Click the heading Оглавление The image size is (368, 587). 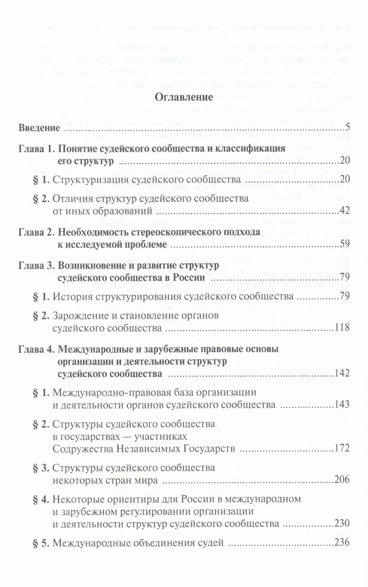click(184, 97)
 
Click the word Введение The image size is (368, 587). click(39, 128)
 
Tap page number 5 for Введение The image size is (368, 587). click(348, 128)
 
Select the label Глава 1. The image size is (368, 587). click(36, 148)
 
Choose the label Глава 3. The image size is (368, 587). click(36, 265)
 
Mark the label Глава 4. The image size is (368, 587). click(36, 349)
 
